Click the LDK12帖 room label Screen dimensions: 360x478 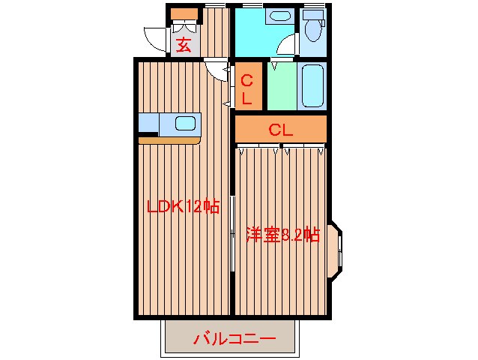tap(183, 206)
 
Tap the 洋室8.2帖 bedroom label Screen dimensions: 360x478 tap(282, 235)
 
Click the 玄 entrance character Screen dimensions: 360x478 tap(184, 44)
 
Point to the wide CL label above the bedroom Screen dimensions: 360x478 tap(280, 129)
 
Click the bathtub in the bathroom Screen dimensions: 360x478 tap(312, 85)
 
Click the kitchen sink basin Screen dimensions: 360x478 tap(185, 123)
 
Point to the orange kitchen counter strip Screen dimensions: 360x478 tap(169, 139)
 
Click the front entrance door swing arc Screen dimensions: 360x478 tap(155, 37)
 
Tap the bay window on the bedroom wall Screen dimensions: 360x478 tap(337, 250)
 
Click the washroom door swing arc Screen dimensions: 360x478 tap(286, 46)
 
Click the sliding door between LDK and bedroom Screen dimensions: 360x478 tap(233, 236)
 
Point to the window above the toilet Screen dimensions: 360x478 tap(314, 6)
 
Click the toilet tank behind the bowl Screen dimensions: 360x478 tap(314, 15)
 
